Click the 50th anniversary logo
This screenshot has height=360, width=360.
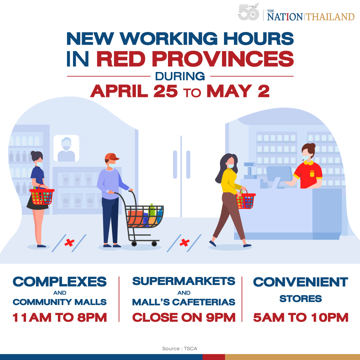[x=248, y=14]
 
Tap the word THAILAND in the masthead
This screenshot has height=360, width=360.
[x=330, y=17]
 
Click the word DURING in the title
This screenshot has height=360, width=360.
[x=180, y=76]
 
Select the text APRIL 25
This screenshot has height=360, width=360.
[x=134, y=91]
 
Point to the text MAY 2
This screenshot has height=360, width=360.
[x=238, y=91]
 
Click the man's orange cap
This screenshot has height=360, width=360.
[x=111, y=157]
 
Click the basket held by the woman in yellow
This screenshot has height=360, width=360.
[x=246, y=201]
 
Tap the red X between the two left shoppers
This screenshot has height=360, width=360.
[x=69, y=243]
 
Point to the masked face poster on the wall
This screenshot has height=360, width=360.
[x=66, y=148]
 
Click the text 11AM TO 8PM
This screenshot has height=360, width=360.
[x=60, y=317]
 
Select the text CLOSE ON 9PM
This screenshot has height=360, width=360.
[x=184, y=317]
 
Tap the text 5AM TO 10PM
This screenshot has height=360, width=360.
[x=301, y=317]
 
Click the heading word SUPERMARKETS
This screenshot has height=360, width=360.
[x=184, y=281]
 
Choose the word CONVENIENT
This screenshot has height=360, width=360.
[x=301, y=282]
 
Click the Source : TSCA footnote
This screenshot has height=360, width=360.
[x=180, y=349]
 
